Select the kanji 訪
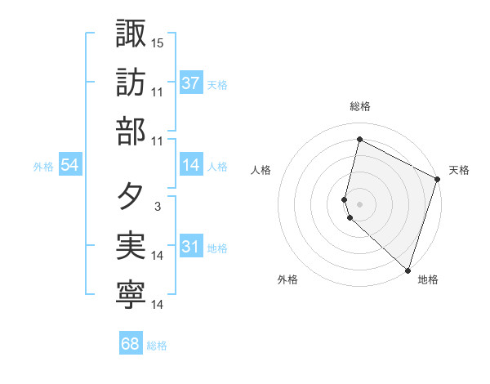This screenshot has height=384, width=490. click(131, 83)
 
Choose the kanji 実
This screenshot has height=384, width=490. click(131, 247)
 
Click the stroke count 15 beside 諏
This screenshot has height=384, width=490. click(158, 42)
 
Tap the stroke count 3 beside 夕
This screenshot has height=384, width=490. click(157, 208)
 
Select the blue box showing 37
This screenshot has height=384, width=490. click(191, 83)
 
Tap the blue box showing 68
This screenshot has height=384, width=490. click(131, 344)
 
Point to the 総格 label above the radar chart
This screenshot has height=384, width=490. click(360, 106)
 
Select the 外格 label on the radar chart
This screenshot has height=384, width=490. click(287, 280)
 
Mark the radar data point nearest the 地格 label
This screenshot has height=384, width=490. click(408, 270)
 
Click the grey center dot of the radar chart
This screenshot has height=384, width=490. click(359, 203)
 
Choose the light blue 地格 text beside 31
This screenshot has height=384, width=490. click(218, 248)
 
